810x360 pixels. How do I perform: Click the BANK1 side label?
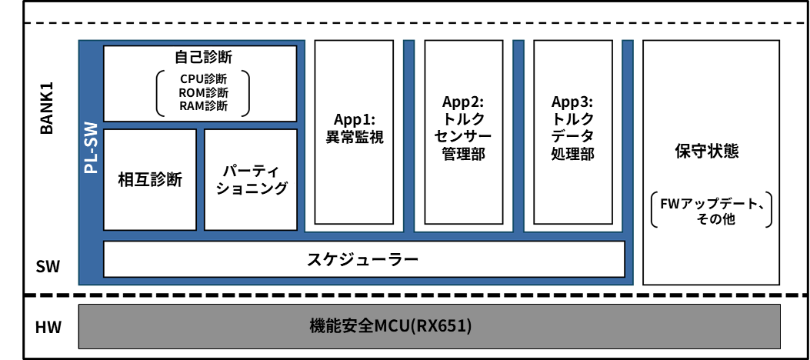pos(46,114)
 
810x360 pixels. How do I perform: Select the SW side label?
pos(46,267)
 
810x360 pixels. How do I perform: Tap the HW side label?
pos(46,327)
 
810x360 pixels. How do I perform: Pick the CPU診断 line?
pos(204,79)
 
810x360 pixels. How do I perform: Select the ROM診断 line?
pos(204,92)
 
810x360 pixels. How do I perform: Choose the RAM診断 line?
pos(204,105)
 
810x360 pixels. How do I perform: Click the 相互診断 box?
pos(150,180)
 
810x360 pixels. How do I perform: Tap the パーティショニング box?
pos(251,179)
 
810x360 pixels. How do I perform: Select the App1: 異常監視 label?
pos(355,128)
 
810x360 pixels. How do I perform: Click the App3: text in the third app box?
pos(573,102)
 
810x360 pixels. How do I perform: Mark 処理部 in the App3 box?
pos(573,154)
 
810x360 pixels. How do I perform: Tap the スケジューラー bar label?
pos(363,259)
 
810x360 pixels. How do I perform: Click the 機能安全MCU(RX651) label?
pos(390,326)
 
